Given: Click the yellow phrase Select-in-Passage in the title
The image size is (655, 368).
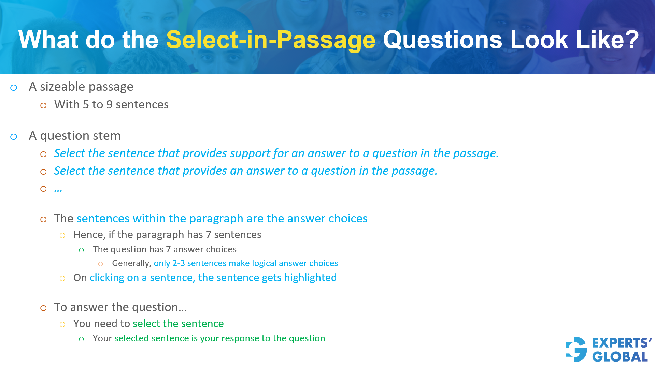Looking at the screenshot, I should click(270, 40).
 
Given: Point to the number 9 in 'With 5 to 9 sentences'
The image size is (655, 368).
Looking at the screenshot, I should click(109, 105).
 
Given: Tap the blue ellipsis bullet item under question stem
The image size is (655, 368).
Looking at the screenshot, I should click(58, 189).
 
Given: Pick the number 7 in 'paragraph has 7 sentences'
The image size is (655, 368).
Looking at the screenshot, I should click(209, 235).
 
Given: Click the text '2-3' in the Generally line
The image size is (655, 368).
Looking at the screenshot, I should click(179, 263).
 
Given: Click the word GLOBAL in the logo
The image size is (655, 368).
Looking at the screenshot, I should click(620, 357).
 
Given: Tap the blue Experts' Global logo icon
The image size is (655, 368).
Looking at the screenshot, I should click(576, 349).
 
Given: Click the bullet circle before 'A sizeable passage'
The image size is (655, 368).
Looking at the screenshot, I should click(14, 88).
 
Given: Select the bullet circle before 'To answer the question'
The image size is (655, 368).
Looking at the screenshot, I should click(43, 308).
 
